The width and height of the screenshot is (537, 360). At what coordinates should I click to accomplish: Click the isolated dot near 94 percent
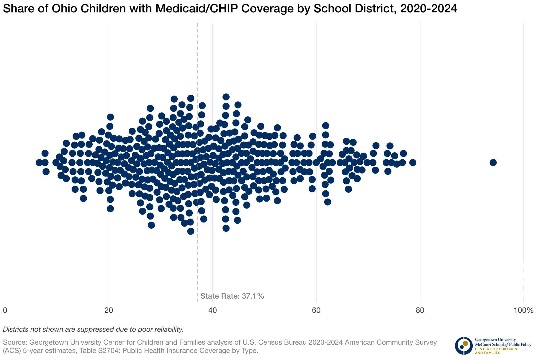click(493, 163)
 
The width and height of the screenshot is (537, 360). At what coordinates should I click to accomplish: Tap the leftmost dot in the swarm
click(39, 163)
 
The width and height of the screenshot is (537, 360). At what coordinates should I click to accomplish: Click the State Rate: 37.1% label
click(232, 296)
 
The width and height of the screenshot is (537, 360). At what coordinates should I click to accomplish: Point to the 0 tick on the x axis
click(5, 310)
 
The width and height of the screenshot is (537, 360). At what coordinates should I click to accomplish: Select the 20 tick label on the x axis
click(109, 310)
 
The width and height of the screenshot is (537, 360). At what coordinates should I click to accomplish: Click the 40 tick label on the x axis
click(212, 310)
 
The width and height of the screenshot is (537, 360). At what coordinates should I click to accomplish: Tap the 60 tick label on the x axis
click(316, 310)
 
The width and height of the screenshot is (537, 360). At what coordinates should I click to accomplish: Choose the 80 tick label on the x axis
click(420, 310)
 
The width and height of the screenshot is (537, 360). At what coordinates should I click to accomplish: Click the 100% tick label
click(523, 310)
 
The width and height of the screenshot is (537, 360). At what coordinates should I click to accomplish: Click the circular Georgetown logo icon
click(464, 346)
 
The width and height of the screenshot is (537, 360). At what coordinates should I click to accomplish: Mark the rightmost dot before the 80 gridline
click(413, 163)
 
